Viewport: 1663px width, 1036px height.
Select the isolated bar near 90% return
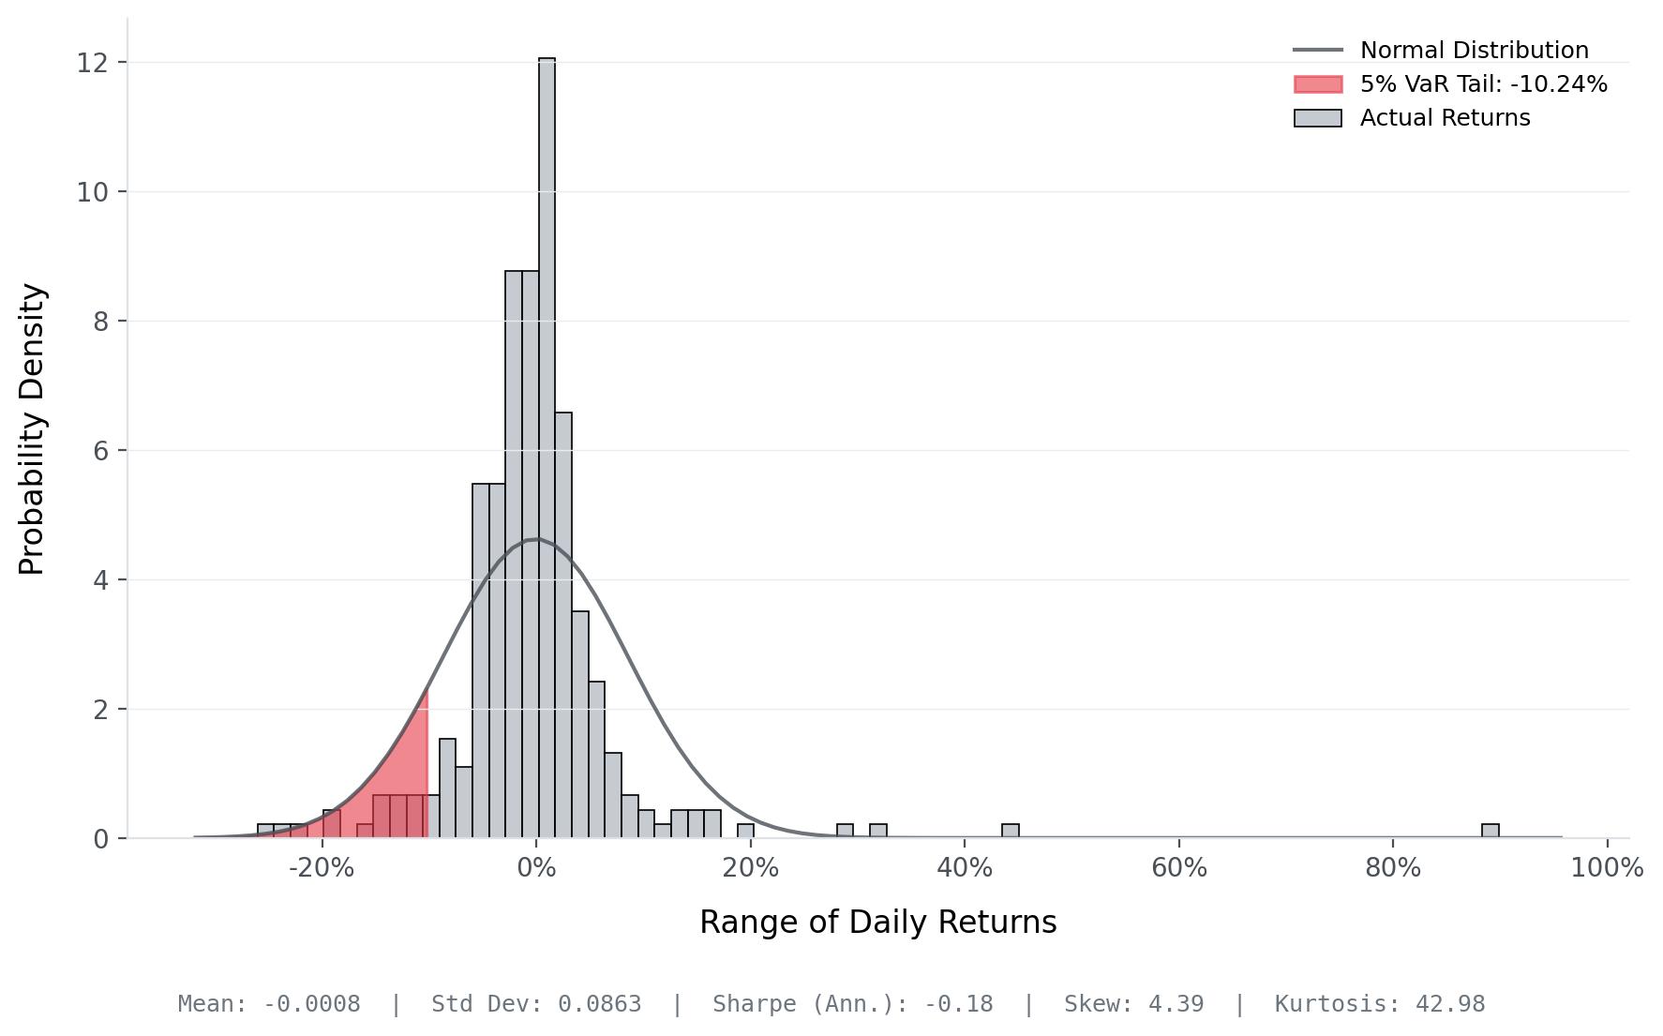[1490, 831]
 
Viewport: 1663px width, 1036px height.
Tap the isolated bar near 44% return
[1010, 831]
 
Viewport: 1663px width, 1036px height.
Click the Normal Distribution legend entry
[1474, 51]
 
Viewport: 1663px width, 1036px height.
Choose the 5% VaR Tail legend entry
[1483, 84]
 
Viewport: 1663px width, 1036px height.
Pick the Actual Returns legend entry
[1445, 118]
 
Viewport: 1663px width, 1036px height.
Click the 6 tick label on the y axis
[100, 451]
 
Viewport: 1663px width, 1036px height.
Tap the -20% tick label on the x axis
[322, 868]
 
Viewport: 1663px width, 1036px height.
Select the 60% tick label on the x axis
[1178, 868]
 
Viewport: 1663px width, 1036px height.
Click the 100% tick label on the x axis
[1607, 868]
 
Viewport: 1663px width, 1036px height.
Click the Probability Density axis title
[33, 429]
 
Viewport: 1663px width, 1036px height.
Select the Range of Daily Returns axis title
[877, 923]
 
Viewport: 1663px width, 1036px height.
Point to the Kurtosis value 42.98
[1450, 1004]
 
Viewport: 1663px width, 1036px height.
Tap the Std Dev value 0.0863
[600, 1004]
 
